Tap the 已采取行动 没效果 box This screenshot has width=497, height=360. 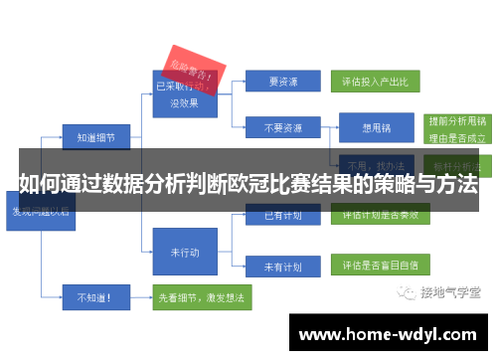tap(183, 90)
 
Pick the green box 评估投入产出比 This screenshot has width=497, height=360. tap(381, 81)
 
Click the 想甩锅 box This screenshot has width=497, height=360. tap(375, 127)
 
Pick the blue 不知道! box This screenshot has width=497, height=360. tap(94, 295)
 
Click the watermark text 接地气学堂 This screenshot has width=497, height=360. tap(448, 291)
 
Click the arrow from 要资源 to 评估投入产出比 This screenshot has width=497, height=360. tap(326, 81)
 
